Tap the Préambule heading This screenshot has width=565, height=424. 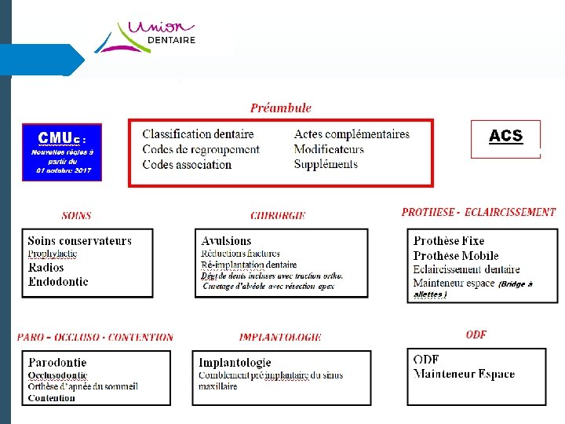coord(281,108)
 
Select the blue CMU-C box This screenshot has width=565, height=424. coord(62,152)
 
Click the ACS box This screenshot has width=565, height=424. coord(505,137)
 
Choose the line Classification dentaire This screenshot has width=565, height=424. coord(198,134)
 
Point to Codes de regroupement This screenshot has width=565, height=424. coord(200,149)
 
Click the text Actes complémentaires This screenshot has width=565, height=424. coord(352,134)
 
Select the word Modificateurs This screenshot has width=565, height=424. coord(329,149)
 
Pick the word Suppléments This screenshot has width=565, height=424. coord(326,164)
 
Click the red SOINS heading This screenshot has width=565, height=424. coord(76,215)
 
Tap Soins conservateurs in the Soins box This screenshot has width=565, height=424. coord(79,241)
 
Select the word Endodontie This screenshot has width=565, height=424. coord(58,281)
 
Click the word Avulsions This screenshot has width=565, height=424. coord(226,241)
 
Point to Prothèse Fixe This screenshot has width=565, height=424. coord(449,241)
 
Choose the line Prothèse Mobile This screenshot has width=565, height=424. coord(456,255)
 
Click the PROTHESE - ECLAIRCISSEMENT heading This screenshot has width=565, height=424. coord(478,212)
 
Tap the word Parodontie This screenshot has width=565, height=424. coord(57,363)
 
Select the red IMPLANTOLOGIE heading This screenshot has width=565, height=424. coord(280,337)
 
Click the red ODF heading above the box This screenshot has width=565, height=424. coord(476,334)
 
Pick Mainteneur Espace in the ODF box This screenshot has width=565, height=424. coord(464,374)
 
